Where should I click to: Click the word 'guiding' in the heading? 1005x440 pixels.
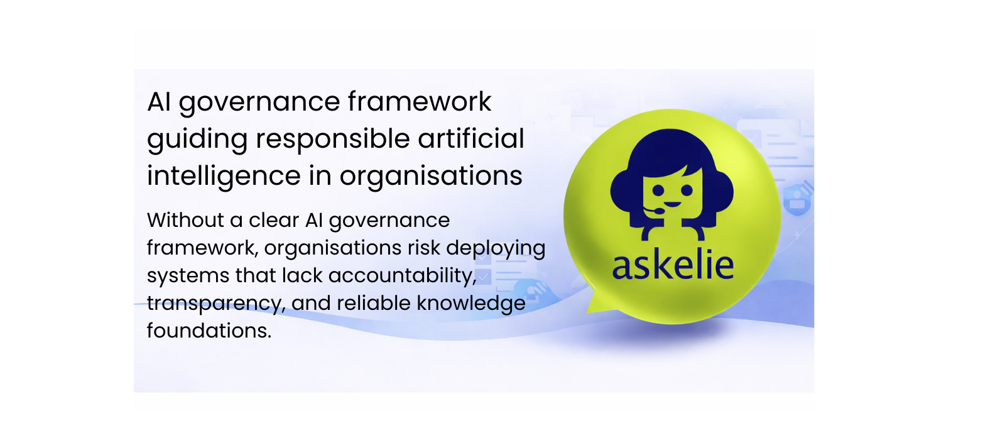(197, 140)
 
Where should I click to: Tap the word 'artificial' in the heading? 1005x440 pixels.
(471, 138)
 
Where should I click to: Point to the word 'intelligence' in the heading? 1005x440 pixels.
(224, 176)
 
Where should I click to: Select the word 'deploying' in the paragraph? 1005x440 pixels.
(496, 249)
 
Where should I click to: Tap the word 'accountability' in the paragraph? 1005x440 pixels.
(401, 276)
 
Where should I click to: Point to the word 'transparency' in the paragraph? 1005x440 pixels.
(215, 304)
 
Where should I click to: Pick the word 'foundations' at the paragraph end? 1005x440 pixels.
(208, 331)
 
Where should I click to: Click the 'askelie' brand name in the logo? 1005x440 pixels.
(673, 265)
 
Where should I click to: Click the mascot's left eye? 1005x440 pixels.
(658, 189)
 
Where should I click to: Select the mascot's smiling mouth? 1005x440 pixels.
(672, 204)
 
